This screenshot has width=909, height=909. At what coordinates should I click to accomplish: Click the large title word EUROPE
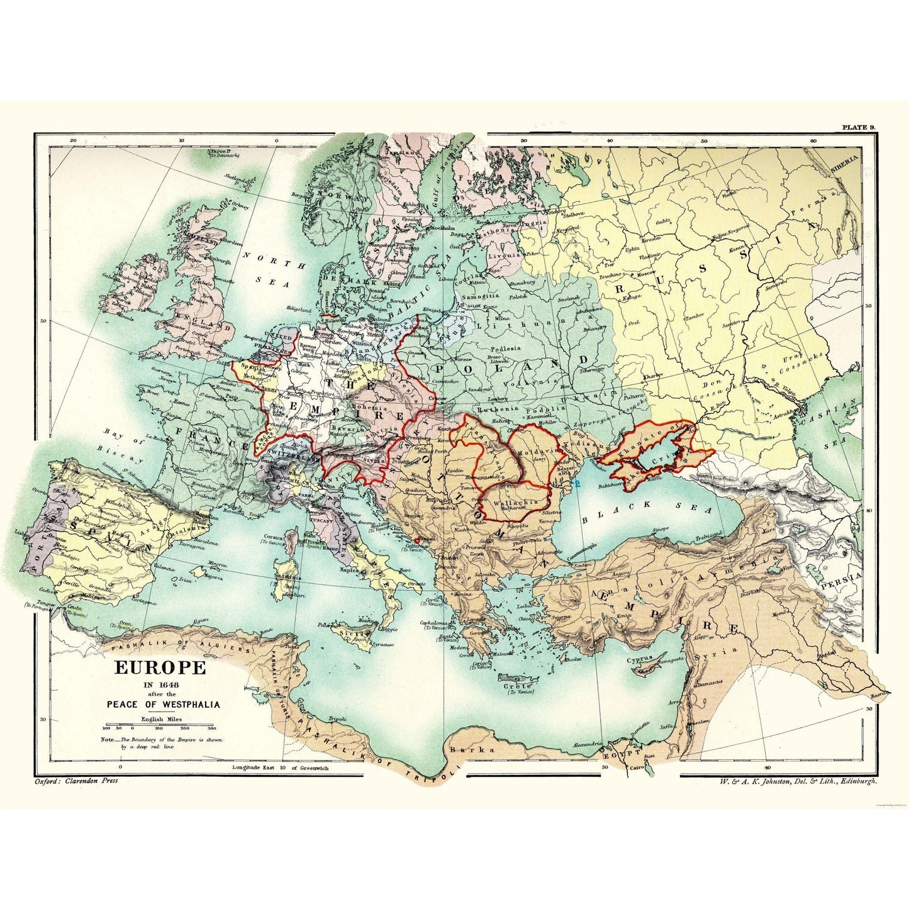(x=159, y=667)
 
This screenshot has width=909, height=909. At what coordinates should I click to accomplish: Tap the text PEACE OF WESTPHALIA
(x=159, y=704)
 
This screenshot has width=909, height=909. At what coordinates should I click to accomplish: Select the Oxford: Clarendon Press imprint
(x=74, y=781)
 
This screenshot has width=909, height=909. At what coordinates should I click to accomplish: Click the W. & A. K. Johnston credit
(x=790, y=781)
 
